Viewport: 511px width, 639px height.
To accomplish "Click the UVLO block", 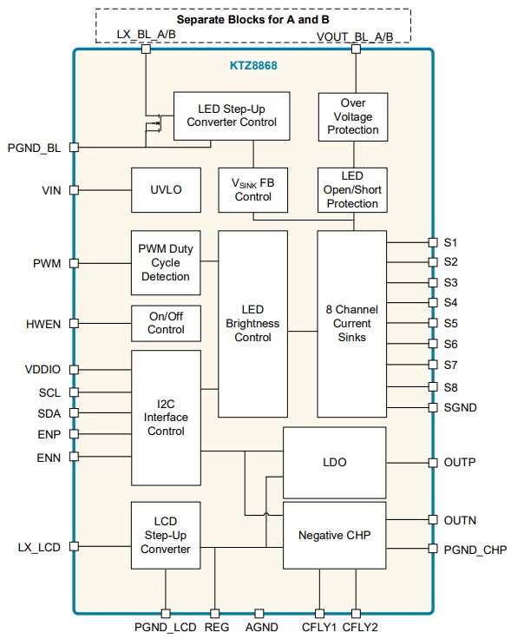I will [x=166, y=189].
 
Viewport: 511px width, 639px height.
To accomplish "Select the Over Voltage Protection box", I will [x=352, y=116].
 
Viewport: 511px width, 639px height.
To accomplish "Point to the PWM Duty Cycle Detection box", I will [x=166, y=262].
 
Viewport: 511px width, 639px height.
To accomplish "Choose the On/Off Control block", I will [x=166, y=323].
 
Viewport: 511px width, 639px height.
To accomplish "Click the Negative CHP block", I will [x=335, y=535].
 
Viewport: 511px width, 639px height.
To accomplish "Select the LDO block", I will [x=335, y=463].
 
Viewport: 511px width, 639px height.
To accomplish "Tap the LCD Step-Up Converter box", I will [x=166, y=536].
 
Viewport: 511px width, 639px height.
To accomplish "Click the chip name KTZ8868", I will [x=254, y=65].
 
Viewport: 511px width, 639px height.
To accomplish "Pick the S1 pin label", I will [x=451, y=242].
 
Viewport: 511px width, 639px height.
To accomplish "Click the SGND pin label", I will [x=460, y=407].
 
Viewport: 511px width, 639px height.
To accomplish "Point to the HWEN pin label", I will [x=43, y=324].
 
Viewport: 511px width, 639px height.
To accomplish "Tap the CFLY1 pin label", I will [x=319, y=627].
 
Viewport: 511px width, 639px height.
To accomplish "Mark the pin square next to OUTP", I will [x=433, y=463].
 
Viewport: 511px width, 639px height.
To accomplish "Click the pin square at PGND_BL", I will [x=74, y=148].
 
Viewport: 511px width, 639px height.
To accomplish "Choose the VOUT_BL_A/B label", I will [x=355, y=36].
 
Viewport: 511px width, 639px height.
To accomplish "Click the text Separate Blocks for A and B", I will [x=252, y=18].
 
